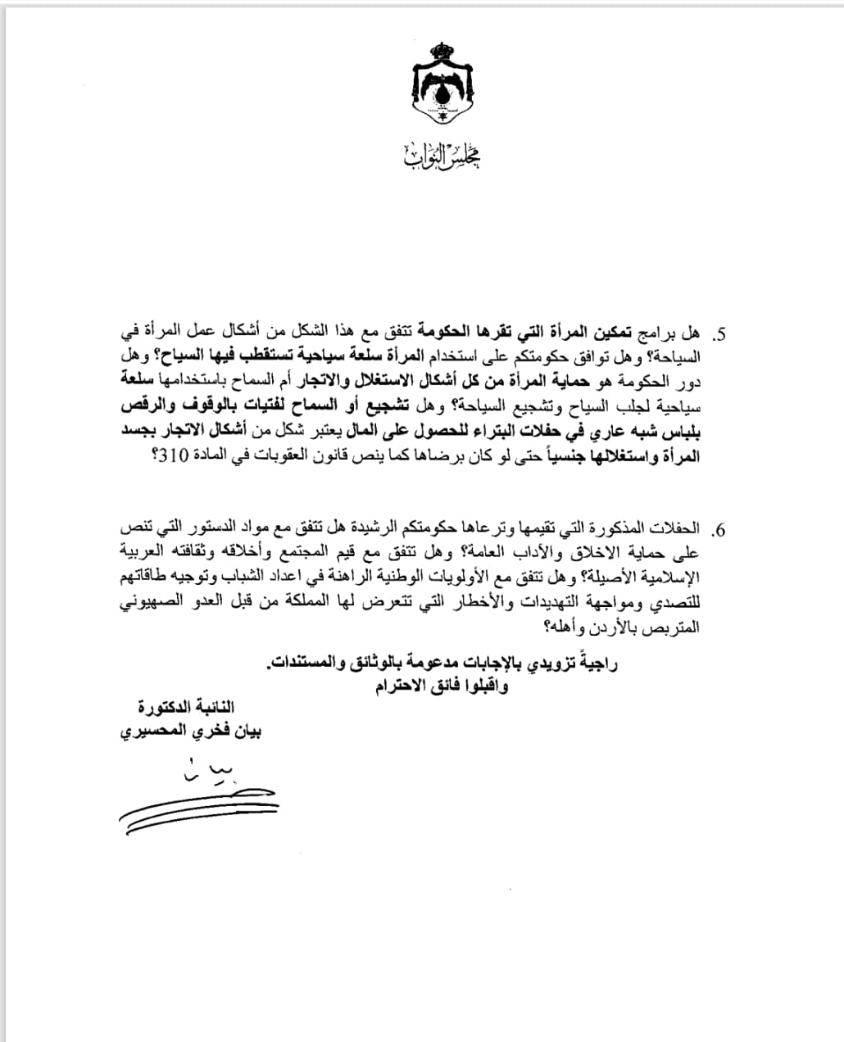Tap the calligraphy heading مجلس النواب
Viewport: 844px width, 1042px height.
[x=442, y=156]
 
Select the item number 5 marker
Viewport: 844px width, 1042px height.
[x=720, y=336]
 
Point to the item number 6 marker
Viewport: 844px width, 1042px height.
[x=720, y=529]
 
